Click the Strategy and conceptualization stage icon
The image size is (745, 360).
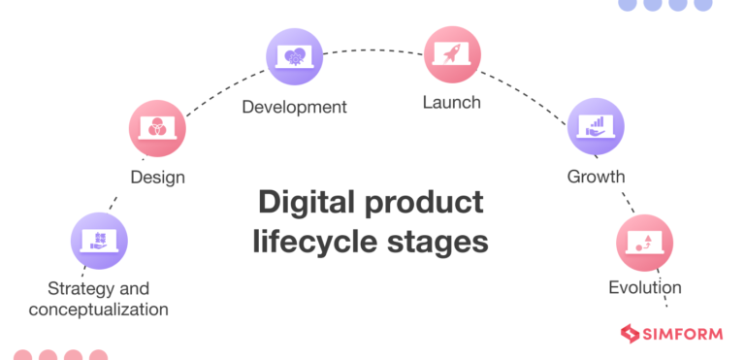tap(99, 241)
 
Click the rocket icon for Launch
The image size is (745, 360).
tap(452, 54)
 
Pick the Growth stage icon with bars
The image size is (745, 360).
tap(596, 127)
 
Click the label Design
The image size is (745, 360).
tap(157, 178)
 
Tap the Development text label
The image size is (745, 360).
tap(294, 107)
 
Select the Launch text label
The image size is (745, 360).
tap(452, 101)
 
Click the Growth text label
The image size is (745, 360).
tap(596, 177)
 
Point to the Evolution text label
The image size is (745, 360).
tap(644, 287)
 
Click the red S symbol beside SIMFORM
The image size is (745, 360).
tap(631, 335)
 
